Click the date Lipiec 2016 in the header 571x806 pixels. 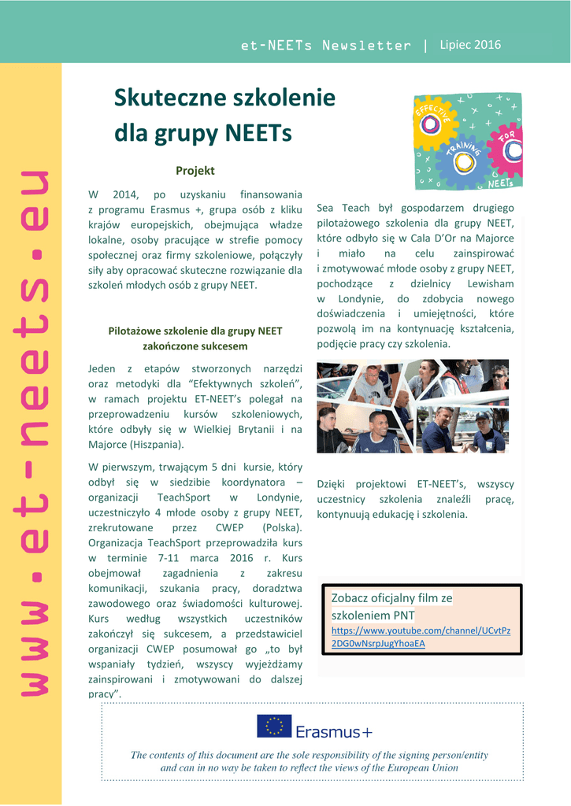pos(469,45)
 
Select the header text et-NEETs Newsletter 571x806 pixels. pos(325,46)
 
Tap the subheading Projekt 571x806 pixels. pos(195,170)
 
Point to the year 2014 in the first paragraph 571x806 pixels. pos(125,194)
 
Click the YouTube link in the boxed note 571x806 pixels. pos(421,637)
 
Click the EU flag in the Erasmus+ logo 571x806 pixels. pos(274,726)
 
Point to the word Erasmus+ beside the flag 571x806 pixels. pos(333,733)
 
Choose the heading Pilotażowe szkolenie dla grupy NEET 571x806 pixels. pos(195,331)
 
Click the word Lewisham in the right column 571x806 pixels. pos(490,283)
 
